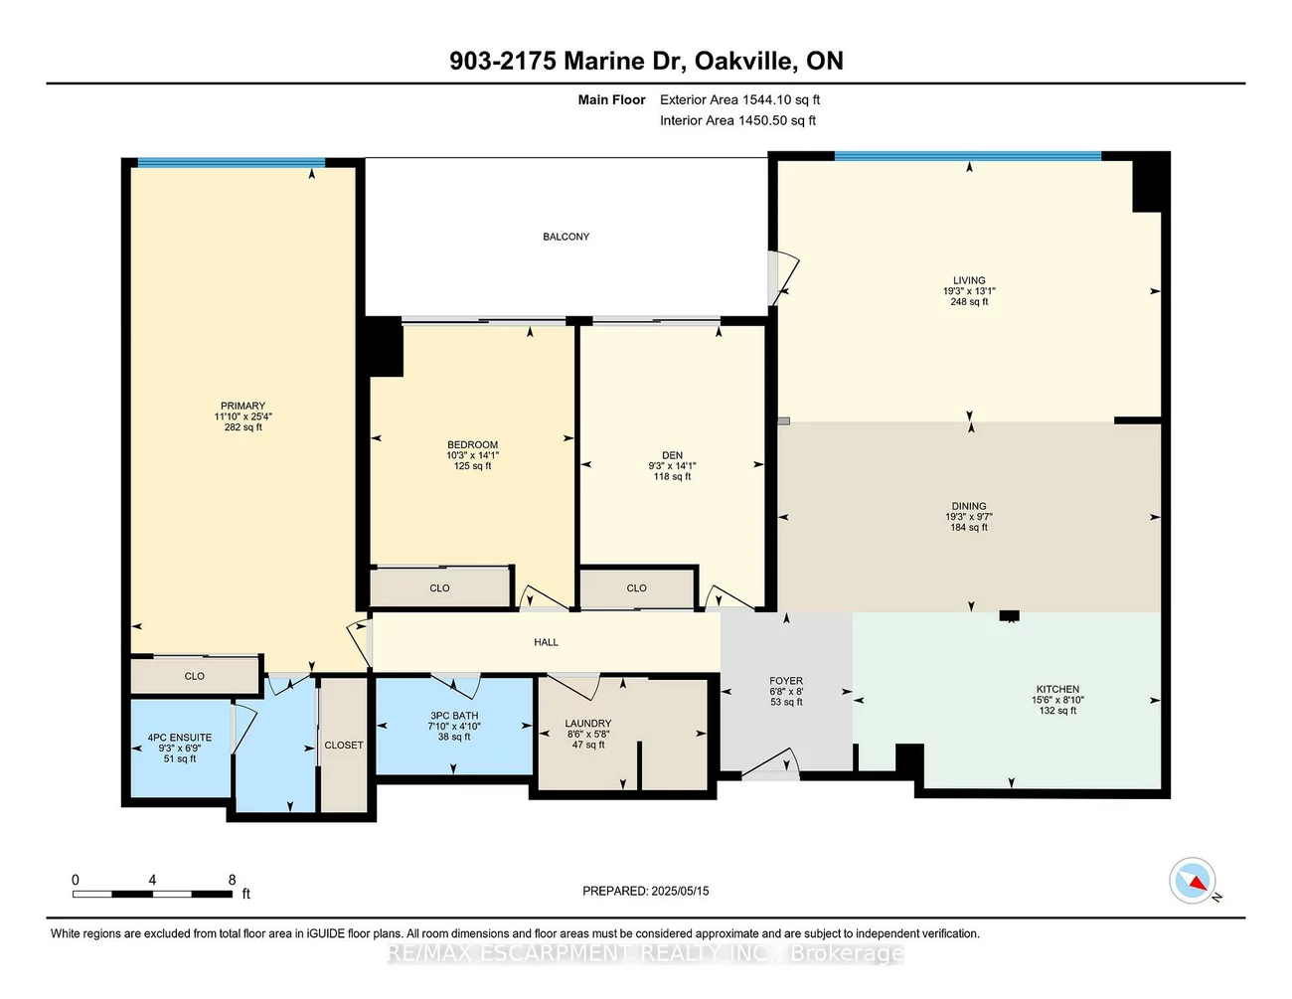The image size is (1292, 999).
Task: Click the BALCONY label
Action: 565,237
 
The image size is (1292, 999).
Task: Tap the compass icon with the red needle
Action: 1192,881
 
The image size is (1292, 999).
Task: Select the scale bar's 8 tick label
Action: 232,880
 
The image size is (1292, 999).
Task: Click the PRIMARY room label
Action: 242,406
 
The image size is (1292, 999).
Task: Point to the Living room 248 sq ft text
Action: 969,302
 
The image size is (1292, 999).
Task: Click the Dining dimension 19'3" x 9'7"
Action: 969,517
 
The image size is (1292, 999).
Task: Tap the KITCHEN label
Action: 1057,689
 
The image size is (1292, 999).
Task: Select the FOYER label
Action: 786,681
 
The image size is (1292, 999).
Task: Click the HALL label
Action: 546,642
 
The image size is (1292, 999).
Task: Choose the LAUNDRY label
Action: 587,724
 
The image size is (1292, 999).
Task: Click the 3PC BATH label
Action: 454,716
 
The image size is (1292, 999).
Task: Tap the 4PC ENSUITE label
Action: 180,738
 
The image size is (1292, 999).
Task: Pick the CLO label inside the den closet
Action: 636,588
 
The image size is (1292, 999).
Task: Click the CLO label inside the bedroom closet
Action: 439,588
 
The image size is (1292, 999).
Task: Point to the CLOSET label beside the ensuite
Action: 344,745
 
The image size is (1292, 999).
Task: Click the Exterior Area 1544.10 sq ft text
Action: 739,99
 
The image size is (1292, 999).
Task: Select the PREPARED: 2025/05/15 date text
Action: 646,891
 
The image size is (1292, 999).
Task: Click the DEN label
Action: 672,455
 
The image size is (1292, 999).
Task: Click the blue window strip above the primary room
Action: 231,162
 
